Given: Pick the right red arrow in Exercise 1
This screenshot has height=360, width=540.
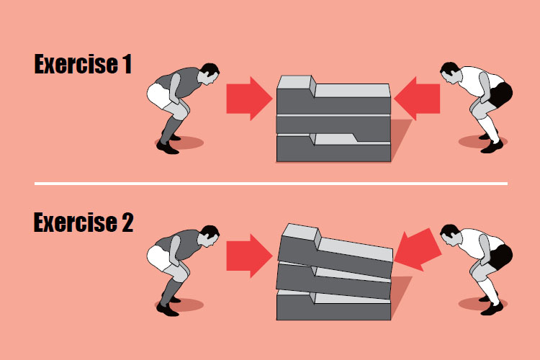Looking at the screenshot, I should (x=417, y=99).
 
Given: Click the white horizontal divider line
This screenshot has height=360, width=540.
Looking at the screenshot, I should (x=270, y=184).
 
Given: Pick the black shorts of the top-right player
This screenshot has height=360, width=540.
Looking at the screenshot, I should (x=503, y=94).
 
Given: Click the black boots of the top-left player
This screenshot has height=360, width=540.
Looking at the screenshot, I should (x=167, y=146).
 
